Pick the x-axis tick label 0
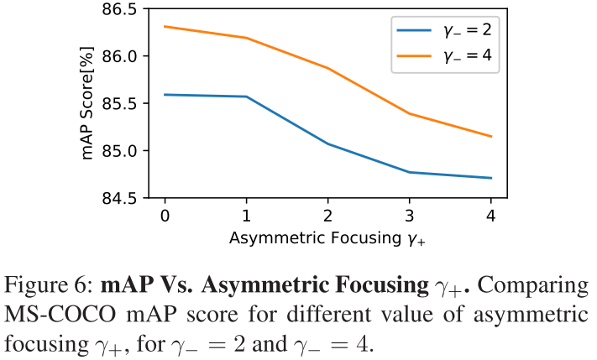165,217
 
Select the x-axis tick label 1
246,217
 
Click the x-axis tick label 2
327,217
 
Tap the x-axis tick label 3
410,217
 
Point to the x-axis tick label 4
491,217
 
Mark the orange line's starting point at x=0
165,26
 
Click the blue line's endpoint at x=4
491,178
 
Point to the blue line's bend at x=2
327,143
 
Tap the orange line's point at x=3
410,113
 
